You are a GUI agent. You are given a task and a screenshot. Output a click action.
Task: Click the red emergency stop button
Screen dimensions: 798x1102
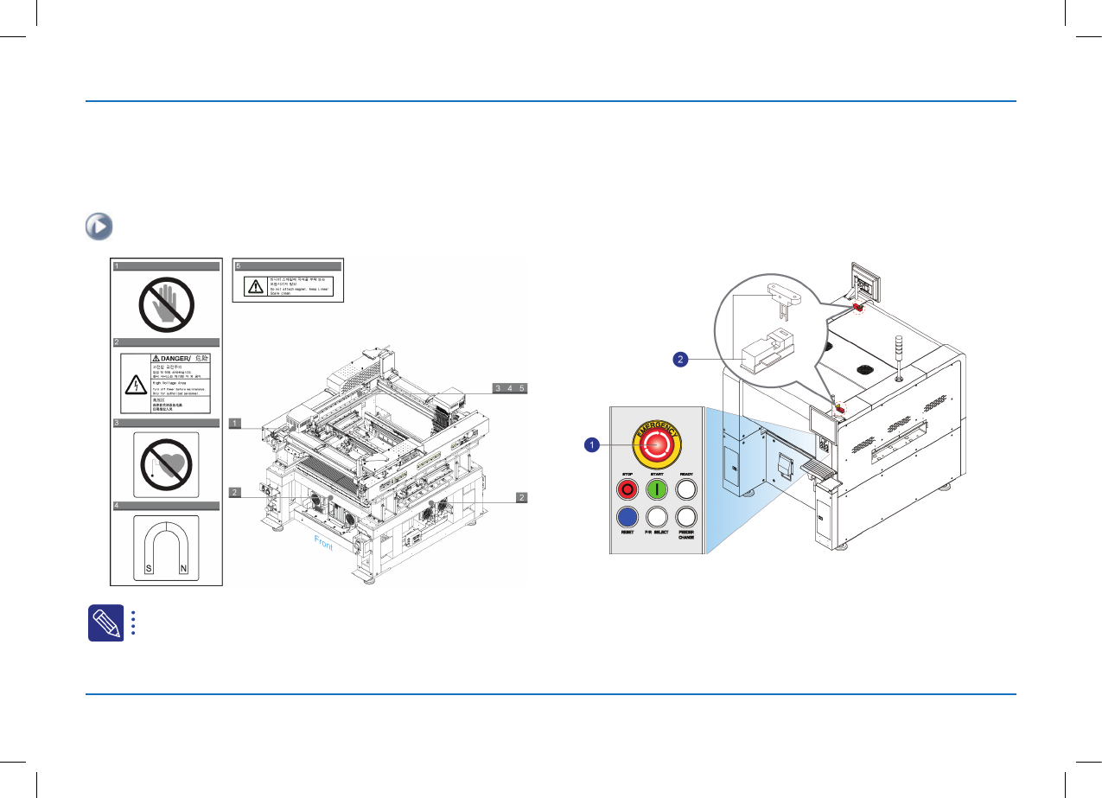point(658,444)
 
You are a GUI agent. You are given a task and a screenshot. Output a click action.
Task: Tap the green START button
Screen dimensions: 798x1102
point(658,489)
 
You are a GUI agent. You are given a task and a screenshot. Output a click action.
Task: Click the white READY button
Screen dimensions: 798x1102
point(686,489)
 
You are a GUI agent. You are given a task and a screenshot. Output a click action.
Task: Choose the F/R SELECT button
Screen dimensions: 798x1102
point(658,517)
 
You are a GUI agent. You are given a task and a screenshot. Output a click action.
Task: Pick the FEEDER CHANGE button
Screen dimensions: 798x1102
point(686,517)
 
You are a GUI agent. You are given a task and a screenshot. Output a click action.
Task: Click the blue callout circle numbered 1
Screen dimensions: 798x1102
point(591,444)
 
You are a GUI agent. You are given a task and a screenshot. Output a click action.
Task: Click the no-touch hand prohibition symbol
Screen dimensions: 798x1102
point(166,303)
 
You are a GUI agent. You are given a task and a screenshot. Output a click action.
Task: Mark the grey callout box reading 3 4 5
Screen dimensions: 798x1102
point(510,388)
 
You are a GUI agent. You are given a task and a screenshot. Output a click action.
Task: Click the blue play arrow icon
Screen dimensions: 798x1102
point(97,227)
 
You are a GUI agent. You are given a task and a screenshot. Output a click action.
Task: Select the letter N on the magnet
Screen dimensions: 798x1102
point(182,569)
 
